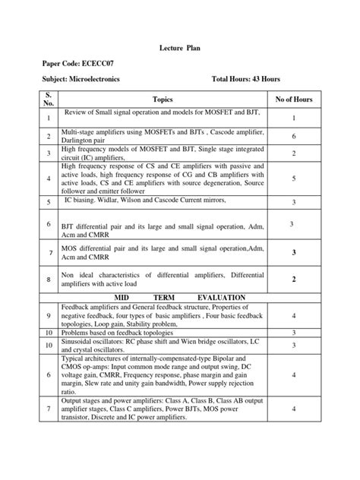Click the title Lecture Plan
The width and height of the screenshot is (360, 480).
point(179,47)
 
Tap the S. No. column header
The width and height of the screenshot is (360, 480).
point(47,99)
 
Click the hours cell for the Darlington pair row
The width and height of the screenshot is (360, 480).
point(293,135)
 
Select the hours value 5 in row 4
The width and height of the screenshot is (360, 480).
point(293,178)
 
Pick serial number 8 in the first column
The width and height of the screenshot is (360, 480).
point(47,279)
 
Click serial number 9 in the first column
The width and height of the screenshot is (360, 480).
point(47,314)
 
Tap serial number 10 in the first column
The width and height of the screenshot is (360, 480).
point(47,333)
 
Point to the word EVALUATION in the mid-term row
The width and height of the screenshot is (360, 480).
point(221,297)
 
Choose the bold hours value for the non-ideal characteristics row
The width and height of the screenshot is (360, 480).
point(293,279)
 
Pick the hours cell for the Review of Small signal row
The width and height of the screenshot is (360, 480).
point(293,118)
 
